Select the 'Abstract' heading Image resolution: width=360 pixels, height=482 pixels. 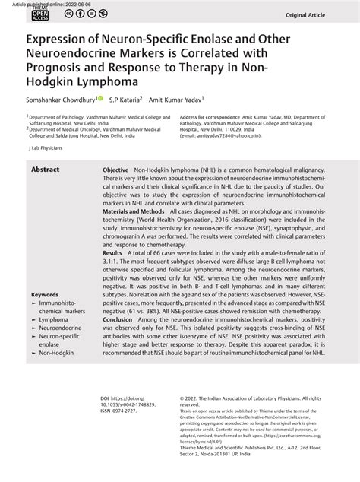46,170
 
